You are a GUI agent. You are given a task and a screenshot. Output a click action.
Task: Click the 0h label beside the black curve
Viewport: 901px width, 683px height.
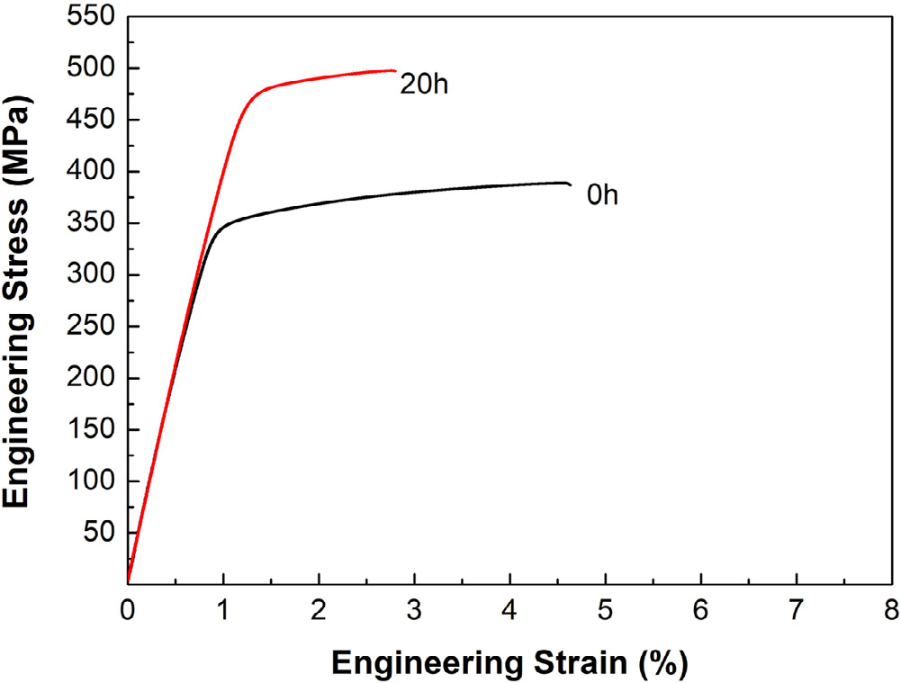pyautogui.click(x=602, y=195)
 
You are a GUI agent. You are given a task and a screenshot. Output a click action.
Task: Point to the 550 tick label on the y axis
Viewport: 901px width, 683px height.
pyautogui.click(x=93, y=16)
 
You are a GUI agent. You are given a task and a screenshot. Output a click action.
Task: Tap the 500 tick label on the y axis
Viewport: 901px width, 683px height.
pyautogui.click(x=93, y=68)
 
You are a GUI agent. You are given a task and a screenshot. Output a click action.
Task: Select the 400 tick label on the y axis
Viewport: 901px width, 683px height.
pyautogui.click(x=93, y=172)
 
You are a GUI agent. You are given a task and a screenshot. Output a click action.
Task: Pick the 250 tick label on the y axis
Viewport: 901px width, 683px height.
pyautogui.click(x=93, y=327)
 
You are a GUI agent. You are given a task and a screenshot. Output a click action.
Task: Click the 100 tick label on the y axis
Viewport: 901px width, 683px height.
pyautogui.click(x=93, y=481)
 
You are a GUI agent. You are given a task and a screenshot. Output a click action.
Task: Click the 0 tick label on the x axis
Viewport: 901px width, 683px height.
pyautogui.click(x=128, y=612)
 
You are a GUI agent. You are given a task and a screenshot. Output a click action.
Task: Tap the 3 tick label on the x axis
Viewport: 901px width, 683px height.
pyautogui.click(x=414, y=612)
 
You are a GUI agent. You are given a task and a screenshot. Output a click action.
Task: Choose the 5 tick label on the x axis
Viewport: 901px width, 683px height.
pyautogui.click(x=605, y=612)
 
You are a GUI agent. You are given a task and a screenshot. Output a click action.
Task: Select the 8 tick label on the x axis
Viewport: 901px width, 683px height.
pyautogui.click(x=891, y=612)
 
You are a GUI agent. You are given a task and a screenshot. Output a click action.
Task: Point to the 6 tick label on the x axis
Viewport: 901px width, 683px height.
pyautogui.click(x=700, y=612)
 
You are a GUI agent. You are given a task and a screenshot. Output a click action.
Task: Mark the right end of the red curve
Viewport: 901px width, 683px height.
pyautogui.click(x=395, y=70)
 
